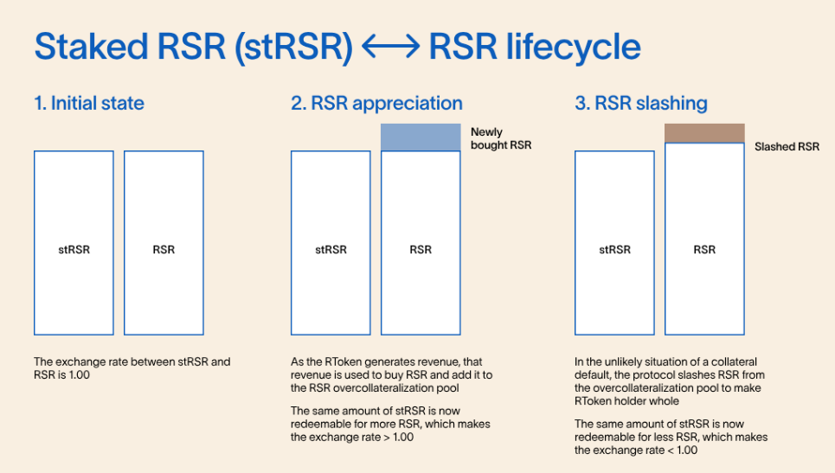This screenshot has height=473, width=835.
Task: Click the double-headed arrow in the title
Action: [x=391, y=47]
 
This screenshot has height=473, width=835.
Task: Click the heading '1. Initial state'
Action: [x=89, y=103]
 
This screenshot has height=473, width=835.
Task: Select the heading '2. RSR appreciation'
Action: [x=376, y=103]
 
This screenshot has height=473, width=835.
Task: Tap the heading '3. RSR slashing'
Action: [x=641, y=103]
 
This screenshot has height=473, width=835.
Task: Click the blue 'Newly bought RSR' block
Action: [x=421, y=137]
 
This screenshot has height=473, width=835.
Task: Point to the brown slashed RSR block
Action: [x=704, y=133]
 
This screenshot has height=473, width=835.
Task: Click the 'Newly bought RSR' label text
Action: [x=501, y=138]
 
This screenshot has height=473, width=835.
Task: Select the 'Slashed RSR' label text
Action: [x=787, y=146]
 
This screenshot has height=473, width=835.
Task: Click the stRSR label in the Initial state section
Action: [x=74, y=250]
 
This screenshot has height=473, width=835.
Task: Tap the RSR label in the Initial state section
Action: [x=164, y=250]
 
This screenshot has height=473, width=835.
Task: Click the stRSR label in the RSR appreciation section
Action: [x=331, y=250]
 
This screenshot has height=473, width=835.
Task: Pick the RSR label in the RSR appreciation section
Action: [x=421, y=250]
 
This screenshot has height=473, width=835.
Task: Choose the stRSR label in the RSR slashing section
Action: [x=614, y=250]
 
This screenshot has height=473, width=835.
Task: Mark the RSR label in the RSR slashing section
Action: [x=704, y=250]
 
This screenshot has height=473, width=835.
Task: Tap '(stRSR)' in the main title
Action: [x=293, y=47]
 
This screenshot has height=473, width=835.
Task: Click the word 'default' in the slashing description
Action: [x=593, y=374]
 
